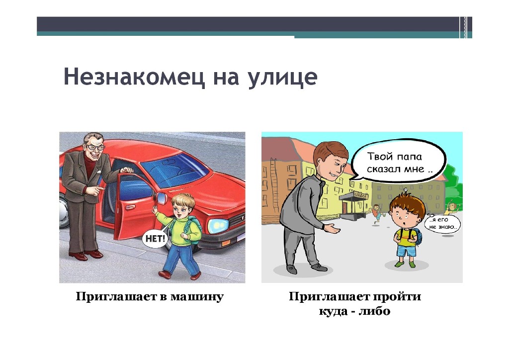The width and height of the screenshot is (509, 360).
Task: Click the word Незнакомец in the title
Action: [x=134, y=77]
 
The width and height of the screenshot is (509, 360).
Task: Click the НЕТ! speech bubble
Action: [x=156, y=239]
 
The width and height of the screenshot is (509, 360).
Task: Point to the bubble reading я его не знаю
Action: [x=443, y=223]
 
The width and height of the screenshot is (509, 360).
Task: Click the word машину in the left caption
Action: [x=197, y=296]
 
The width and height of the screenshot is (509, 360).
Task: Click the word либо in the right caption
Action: [x=375, y=311]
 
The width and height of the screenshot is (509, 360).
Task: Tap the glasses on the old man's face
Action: [x=95, y=147]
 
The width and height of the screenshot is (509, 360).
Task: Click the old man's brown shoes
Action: [x=85, y=255]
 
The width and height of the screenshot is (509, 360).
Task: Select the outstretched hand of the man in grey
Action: [x=332, y=228]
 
